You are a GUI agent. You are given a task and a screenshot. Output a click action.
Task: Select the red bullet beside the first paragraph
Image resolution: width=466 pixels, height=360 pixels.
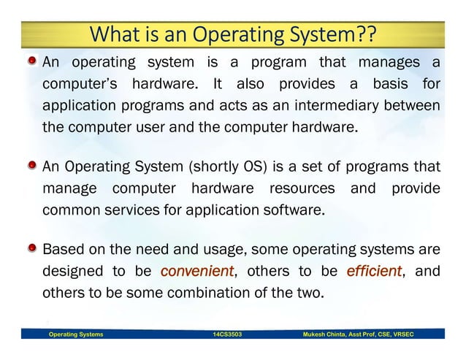coord(33,62)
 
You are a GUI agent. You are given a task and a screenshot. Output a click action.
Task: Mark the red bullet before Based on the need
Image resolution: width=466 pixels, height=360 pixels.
coord(33,250)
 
